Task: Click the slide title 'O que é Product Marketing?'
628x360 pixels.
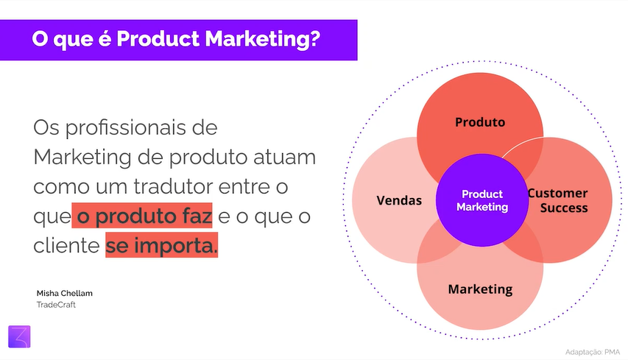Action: point(176,39)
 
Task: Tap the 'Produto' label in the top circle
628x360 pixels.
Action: point(480,122)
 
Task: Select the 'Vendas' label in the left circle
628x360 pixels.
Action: point(399,200)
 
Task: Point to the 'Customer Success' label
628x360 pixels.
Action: point(558,200)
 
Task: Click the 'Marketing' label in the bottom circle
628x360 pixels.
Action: point(480,289)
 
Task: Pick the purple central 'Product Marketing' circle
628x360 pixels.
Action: point(482,200)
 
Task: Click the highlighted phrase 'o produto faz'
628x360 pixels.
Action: point(144,216)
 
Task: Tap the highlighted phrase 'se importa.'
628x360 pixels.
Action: point(162,246)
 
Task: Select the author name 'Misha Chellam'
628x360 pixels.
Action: point(64,293)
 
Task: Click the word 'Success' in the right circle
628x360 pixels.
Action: point(564,208)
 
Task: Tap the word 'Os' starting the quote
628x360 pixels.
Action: point(46,128)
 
